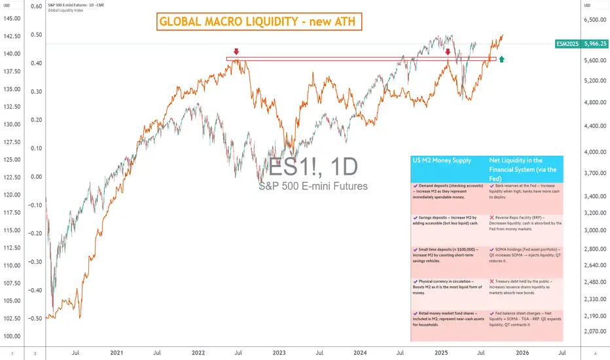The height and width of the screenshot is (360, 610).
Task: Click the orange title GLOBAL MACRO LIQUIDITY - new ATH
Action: point(259,23)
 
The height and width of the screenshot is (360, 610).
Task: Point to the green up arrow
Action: point(501,60)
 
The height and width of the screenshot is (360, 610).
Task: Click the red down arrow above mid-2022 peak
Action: point(236,51)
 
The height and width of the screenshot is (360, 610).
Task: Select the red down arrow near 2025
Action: point(448,52)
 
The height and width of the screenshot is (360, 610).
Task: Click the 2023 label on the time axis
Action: point(279,352)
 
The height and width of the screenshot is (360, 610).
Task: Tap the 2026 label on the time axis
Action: point(522,352)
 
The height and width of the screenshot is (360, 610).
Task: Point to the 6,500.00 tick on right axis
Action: point(596,20)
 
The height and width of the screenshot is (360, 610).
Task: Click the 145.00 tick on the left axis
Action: point(12,18)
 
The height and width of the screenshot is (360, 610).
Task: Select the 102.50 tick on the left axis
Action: point(12,318)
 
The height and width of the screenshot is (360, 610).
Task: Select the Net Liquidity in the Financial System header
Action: point(525,169)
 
